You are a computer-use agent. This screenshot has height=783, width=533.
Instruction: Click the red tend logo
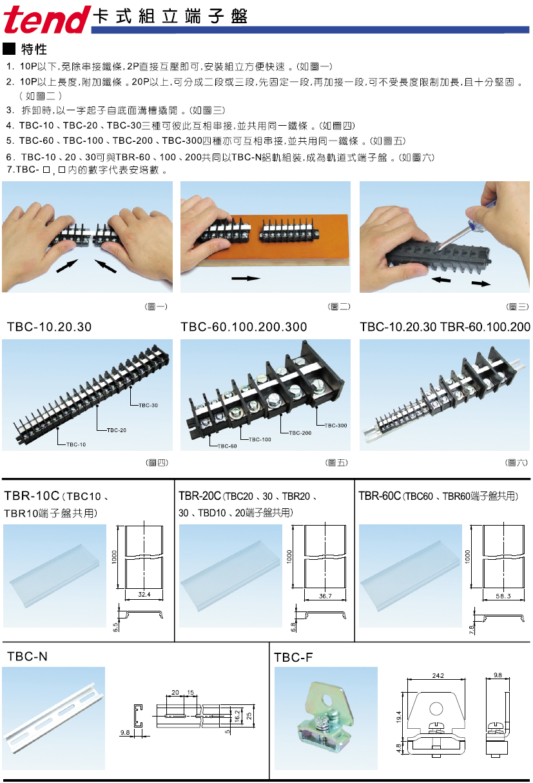[x=47, y=19]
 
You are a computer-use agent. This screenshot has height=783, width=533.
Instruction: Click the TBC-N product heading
[x=27, y=657]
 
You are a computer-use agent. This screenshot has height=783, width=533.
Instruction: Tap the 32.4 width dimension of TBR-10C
[x=144, y=594]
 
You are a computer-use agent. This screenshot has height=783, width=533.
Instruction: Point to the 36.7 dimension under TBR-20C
[x=325, y=596]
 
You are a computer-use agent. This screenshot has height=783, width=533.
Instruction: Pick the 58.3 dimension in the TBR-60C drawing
[x=503, y=596]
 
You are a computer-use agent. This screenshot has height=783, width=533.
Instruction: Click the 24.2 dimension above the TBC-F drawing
[x=438, y=676]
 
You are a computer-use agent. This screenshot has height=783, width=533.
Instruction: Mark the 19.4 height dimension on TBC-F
[x=399, y=717]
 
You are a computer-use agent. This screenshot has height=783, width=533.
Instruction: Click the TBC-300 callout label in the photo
[x=336, y=426]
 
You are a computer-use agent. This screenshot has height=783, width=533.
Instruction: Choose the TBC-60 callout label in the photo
[x=227, y=446]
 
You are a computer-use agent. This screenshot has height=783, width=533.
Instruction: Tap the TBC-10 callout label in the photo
[x=76, y=444]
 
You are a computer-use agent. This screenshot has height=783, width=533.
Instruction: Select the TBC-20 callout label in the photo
[x=117, y=430]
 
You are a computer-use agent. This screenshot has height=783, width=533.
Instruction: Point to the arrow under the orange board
[x=246, y=278]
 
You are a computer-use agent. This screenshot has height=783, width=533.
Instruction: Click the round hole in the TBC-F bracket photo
[x=327, y=700]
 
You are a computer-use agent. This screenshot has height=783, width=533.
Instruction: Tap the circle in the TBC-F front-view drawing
[x=436, y=709]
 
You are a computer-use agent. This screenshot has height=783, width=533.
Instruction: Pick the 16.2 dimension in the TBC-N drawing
[x=237, y=716]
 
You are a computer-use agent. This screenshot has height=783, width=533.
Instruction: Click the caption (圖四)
[x=157, y=463]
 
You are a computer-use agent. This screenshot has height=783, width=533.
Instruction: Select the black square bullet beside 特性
[x=9, y=49]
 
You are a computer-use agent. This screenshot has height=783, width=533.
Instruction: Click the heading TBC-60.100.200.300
[x=244, y=327]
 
